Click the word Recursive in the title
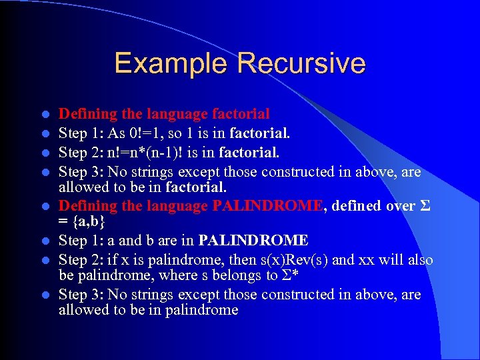click(301, 63)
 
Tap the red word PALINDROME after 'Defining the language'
click(267, 206)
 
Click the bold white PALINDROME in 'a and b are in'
click(253, 240)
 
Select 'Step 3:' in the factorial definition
click(81, 172)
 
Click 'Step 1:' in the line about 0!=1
click(81, 133)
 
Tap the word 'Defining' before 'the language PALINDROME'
click(85, 206)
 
